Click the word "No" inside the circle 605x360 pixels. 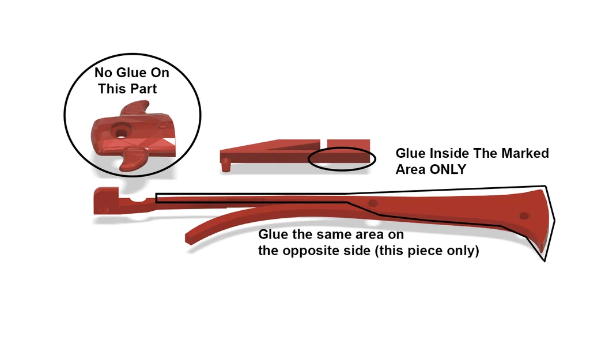[103, 73]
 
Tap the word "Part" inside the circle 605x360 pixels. [144, 89]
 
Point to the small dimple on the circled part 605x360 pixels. [163, 124]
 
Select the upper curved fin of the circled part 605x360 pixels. [135, 108]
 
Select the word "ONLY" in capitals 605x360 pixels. [448, 169]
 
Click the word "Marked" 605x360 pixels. [525, 153]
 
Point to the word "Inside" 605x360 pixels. [449, 153]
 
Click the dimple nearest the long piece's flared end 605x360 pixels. [524, 215]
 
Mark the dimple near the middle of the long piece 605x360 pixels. [373, 203]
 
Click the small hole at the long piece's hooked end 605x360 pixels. [103, 210]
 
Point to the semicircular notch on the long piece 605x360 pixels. [138, 198]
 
